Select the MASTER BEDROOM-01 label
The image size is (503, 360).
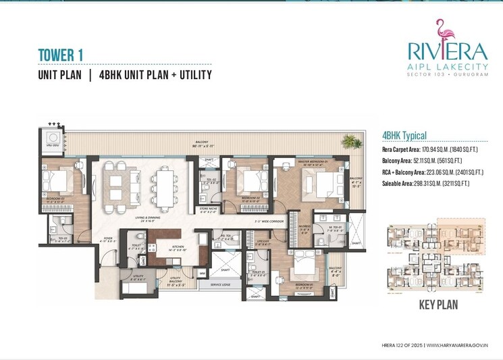click(296, 163)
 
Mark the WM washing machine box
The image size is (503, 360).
click(202, 273)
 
